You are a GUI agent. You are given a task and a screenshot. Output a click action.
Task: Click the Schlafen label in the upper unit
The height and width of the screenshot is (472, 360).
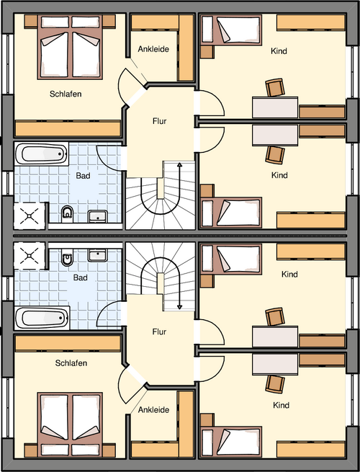point(65,94)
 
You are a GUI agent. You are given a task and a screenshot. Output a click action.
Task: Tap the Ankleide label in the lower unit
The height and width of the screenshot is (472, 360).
point(153,409)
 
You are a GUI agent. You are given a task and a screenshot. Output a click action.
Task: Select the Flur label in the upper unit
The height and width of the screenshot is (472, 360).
point(160,121)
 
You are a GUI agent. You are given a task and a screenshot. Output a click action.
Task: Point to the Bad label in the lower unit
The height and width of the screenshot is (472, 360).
point(81,277)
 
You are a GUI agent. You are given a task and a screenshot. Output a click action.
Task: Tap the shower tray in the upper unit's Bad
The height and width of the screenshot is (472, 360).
point(31,213)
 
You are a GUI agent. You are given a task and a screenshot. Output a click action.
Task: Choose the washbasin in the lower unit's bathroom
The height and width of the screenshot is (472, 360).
point(97,254)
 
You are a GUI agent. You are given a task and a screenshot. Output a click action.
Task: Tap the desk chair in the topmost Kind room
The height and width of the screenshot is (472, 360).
point(274,87)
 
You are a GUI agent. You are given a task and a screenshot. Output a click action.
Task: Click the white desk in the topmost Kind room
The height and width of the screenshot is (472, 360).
point(274,107)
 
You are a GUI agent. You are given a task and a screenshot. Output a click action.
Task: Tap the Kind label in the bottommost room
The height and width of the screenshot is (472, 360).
point(281,406)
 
